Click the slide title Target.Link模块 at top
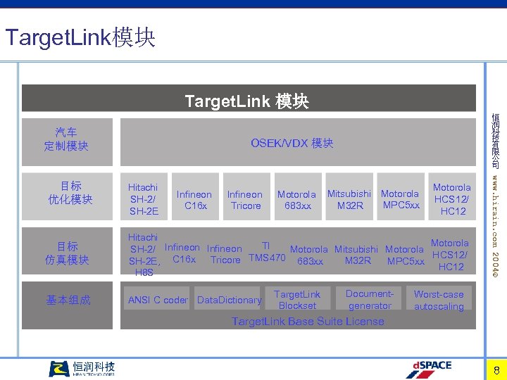pyautogui.click(x=80, y=37)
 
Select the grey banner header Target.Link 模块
pyautogui.click(x=246, y=101)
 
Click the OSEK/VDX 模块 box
pyautogui.click(x=292, y=143)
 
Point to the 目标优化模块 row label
pyautogui.click(x=70, y=193)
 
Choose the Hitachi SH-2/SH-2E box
pyautogui.click(x=143, y=198)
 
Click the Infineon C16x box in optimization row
pyautogui.click(x=194, y=200)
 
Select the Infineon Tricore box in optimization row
pyautogui.click(x=244, y=200)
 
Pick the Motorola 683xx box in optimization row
pyautogui.click(x=296, y=200)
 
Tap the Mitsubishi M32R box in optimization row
pyautogui.click(x=349, y=199)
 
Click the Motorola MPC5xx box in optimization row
pyautogui.click(x=400, y=199)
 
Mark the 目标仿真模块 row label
pyautogui.click(x=68, y=253)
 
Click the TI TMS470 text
pyautogui.click(x=267, y=252)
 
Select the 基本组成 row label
pyautogui.click(x=68, y=300)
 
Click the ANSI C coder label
pyautogui.click(x=158, y=300)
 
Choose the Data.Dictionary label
pyautogui.click(x=229, y=300)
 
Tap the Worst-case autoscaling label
pyautogui.click(x=439, y=300)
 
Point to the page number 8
pyautogui.click(x=496, y=370)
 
